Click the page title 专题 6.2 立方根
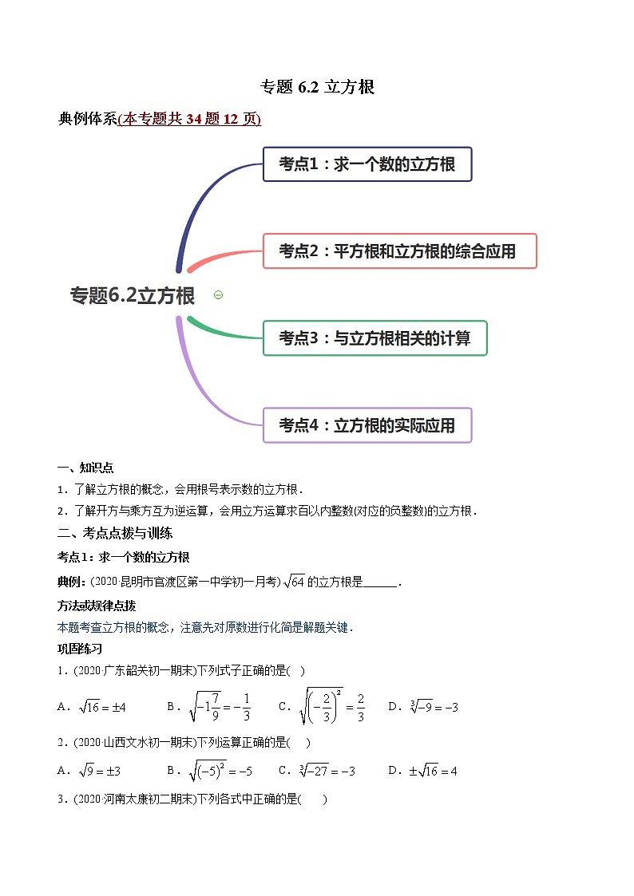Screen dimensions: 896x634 (x=318, y=88)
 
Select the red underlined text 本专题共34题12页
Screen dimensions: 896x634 (x=189, y=120)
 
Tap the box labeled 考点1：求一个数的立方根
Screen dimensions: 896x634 (x=367, y=164)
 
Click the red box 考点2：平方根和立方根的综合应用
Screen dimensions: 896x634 (x=399, y=251)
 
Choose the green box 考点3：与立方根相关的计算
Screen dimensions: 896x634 (x=374, y=338)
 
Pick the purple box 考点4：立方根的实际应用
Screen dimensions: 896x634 (x=367, y=425)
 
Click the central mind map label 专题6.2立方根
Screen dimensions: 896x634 (x=133, y=296)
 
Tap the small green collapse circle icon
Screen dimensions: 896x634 (x=218, y=295)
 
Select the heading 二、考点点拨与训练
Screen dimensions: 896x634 (x=115, y=533)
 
